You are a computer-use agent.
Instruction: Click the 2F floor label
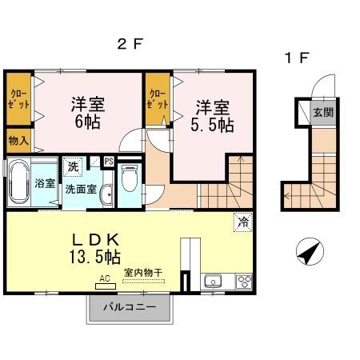coord(129,45)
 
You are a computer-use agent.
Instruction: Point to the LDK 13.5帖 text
coord(95,248)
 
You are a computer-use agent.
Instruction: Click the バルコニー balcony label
coord(129,308)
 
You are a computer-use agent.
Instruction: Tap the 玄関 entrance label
coord(322,112)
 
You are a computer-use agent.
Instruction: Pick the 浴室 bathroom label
coord(45,183)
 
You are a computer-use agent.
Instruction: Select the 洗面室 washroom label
coord(81,190)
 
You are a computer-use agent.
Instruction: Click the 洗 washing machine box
coord(72,168)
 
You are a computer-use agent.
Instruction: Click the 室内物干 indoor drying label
coord(142,273)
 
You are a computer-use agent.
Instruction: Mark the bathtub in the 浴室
coord(18,183)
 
